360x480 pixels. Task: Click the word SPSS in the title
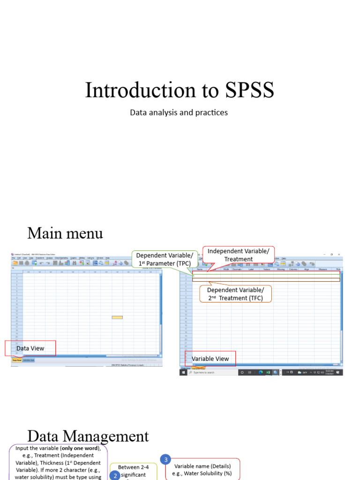(x=245, y=90)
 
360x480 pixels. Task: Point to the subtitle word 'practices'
(x=211, y=113)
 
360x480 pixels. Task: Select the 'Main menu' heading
(x=65, y=233)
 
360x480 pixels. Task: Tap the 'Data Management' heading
(x=88, y=436)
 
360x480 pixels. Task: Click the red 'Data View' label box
(x=30, y=348)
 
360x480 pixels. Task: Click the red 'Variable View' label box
(x=210, y=359)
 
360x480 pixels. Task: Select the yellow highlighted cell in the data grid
(x=117, y=317)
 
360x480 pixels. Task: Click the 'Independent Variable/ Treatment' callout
(x=238, y=255)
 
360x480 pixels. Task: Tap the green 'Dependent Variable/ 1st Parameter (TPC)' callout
(x=165, y=259)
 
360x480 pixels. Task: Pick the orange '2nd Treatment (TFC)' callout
(x=235, y=294)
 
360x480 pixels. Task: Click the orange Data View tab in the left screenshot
(x=16, y=360)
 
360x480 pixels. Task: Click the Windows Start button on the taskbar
(x=184, y=373)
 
